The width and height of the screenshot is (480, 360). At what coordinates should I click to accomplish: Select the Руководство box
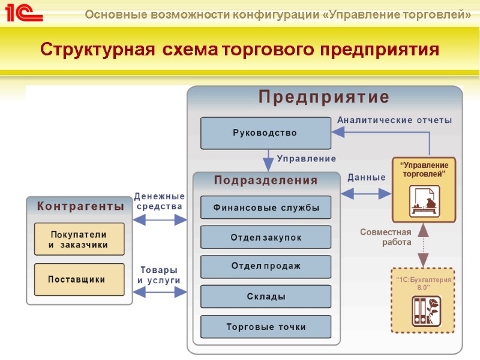[x=265, y=133]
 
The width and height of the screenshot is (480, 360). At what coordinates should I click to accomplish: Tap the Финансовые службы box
[x=265, y=208]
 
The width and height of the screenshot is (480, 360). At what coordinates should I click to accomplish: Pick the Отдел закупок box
[x=265, y=237]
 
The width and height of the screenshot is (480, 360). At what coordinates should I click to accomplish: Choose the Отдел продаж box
[x=265, y=266]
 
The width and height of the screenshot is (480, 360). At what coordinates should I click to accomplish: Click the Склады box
[x=265, y=296]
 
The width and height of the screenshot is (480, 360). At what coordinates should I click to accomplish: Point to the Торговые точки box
[x=265, y=326]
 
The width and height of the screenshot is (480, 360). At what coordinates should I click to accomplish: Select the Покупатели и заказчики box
[x=79, y=239]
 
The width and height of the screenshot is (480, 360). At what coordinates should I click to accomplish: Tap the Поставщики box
[x=79, y=279]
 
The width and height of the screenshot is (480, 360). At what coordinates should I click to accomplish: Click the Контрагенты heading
[x=80, y=206]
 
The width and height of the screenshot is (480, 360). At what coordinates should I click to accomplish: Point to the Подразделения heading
[x=266, y=180]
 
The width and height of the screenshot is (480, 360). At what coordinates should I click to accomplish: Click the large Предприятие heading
[x=324, y=97]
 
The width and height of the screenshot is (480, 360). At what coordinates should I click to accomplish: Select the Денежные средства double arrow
[x=159, y=220]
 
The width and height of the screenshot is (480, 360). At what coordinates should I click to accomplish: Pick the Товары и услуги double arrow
[x=159, y=293]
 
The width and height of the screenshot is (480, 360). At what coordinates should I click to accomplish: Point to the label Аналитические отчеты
[x=394, y=120]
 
